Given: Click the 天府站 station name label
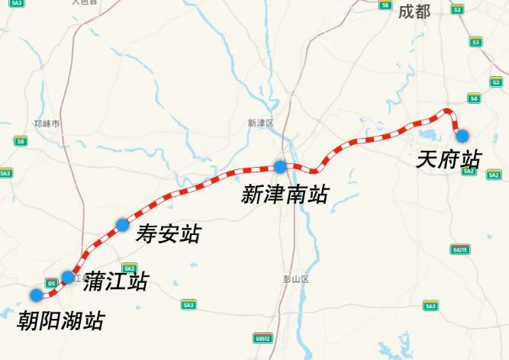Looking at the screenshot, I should click(x=449, y=159).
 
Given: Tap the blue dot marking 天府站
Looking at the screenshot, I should click(x=462, y=135).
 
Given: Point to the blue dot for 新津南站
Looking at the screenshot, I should click(x=281, y=166).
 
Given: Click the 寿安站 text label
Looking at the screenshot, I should click(x=168, y=233).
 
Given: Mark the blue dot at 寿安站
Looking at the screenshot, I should click(x=122, y=224).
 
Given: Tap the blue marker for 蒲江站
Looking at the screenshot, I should click(x=68, y=277).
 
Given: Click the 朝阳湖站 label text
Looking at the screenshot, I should click(x=60, y=321).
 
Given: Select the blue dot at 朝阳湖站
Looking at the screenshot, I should click(x=36, y=295).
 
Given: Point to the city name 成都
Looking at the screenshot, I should click(x=414, y=11).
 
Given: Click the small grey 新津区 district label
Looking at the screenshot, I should click(x=260, y=123).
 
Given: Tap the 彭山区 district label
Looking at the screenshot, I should click(x=296, y=279).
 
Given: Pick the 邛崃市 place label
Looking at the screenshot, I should click(x=47, y=123).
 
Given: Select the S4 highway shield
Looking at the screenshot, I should click(x=474, y=98).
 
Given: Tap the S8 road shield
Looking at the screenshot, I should click(x=21, y=141).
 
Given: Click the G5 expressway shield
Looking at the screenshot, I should click(x=51, y=283).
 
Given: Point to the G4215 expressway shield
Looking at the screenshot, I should click(x=459, y=249).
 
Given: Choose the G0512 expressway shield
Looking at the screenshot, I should click(x=263, y=338).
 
